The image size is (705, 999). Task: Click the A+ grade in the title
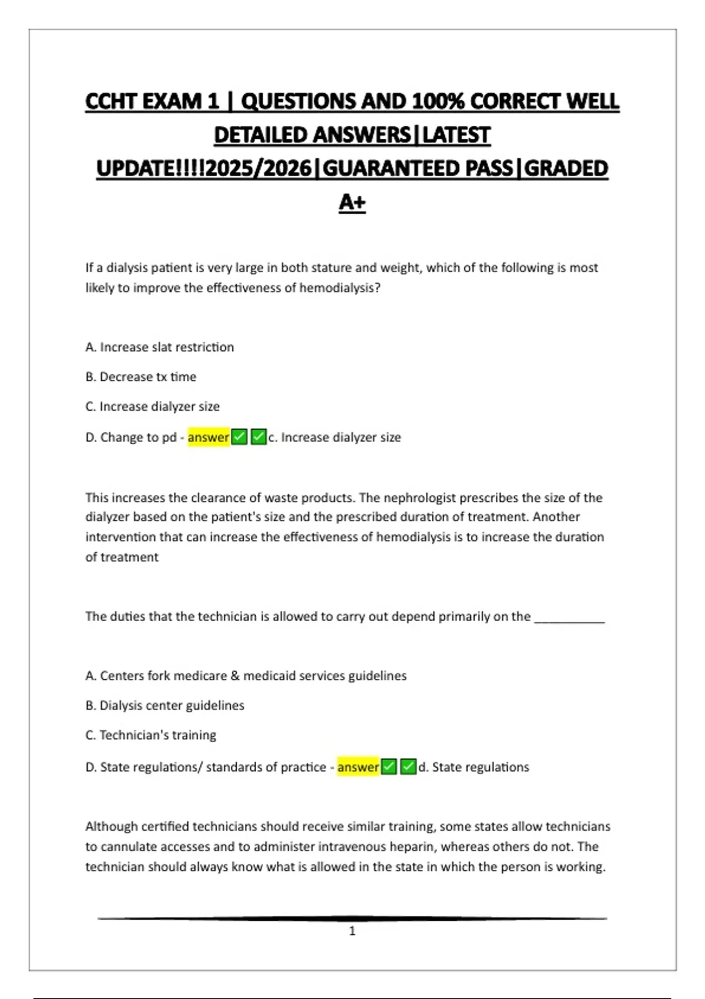click(x=352, y=202)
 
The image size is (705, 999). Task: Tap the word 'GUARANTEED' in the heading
click(x=417, y=169)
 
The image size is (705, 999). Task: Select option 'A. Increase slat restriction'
click(x=159, y=347)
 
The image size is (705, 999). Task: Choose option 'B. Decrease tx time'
click(x=141, y=377)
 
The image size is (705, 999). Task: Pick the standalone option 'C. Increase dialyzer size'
click(x=152, y=407)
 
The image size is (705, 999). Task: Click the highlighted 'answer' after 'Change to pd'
click(x=208, y=437)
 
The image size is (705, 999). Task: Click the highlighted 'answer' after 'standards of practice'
click(x=358, y=767)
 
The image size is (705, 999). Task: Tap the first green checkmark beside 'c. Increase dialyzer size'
click(x=239, y=437)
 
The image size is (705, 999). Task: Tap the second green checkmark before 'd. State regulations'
click(x=408, y=767)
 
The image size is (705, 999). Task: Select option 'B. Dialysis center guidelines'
click(x=164, y=705)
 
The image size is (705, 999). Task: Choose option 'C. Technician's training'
click(x=150, y=735)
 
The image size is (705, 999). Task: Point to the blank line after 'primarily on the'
click(x=569, y=618)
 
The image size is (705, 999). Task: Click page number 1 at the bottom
click(x=352, y=931)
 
